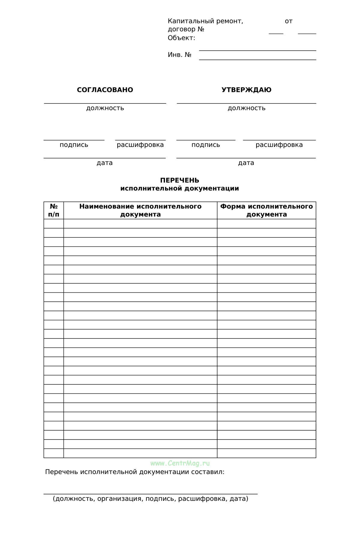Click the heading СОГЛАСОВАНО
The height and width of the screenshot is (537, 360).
(105, 90)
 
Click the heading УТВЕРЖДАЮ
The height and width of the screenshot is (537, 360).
(246, 90)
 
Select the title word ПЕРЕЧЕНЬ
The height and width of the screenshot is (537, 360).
(179, 180)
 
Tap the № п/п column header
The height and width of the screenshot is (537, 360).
(54, 210)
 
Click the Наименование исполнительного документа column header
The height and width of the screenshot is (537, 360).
(140, 210)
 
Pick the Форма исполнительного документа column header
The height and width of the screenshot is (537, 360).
(266, 210)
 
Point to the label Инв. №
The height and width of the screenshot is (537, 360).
(179, 55)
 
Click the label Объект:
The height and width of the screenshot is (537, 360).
(181, 38)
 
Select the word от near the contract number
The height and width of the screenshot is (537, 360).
(289, 21)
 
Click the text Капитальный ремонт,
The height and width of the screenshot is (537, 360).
(205, 21)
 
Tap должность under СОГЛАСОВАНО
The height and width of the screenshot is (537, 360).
(105, 108)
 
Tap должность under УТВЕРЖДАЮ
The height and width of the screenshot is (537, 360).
(246, 108)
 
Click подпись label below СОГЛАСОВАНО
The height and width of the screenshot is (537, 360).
(74, 145)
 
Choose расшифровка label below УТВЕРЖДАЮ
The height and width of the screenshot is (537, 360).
(279, 145)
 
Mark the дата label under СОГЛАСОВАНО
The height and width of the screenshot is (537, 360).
(105, 163)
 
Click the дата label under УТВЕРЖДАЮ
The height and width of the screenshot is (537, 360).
(246, 163)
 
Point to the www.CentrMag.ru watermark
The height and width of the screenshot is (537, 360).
(180, 464)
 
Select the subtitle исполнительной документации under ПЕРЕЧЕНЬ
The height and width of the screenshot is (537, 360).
(179, 189)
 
